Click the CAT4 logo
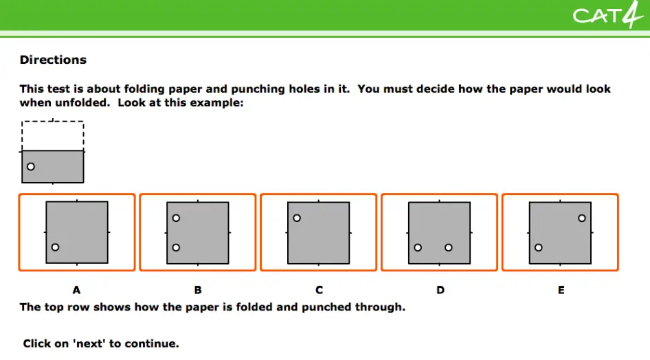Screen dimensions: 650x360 coord(607,15)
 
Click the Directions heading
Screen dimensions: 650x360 coord(53,60)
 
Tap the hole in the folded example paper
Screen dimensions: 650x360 coord(31,166)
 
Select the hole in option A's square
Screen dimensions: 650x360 coord(55,247)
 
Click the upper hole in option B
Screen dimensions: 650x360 coord(176,218)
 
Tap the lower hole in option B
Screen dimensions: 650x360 coord(176,248)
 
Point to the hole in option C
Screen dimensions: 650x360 coord(297,218)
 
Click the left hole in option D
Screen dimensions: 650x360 coord(418,248)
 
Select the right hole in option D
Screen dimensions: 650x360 coord(449,248)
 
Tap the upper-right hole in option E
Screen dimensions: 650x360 coord(582,218)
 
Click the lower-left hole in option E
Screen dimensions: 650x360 coord(539,248)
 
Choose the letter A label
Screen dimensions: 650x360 coord(77,290)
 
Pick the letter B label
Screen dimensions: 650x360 coord(198,290)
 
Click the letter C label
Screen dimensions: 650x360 coord(319,290)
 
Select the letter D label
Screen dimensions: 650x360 coord(440,290)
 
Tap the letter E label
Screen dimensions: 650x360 coord(561,290)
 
